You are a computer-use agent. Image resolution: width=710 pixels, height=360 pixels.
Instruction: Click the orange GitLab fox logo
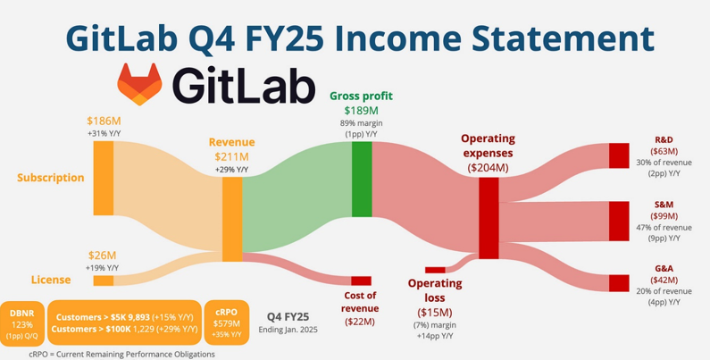[x=139, y=84]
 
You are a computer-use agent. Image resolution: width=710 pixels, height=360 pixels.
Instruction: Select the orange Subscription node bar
[x=104, y=178]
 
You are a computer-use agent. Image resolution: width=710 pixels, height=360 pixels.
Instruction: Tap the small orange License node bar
[x=104, y=280]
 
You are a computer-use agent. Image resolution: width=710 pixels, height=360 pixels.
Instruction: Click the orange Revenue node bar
[x=232, y=219]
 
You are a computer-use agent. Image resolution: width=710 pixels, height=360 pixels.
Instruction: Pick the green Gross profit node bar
[x=362, y=179]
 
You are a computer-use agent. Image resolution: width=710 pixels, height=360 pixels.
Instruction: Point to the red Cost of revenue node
[x=362, y=280]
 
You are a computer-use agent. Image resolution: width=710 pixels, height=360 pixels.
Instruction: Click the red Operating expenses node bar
[x=489, y=218]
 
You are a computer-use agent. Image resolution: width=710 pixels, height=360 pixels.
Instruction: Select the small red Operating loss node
[x=435, y=270]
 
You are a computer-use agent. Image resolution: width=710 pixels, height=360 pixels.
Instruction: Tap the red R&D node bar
[x=619, y=155]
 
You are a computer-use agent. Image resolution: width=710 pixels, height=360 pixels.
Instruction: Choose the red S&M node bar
[x=619, y=221]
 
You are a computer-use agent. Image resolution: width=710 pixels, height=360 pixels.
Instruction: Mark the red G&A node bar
[x=619, y=283]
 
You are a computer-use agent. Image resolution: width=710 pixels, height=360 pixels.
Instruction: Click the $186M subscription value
[x=104, y=121]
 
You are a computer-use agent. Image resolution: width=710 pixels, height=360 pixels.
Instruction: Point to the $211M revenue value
[x=232, y=157]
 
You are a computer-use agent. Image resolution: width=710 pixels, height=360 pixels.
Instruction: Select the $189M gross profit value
[x=362, y=111]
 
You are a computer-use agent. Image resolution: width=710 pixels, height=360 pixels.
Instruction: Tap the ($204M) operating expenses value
[x=489, y=168]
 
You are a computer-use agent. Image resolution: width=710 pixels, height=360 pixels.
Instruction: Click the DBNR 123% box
[x=22, y=322]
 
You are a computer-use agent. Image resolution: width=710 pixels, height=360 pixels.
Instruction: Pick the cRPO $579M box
[x=227, y=322]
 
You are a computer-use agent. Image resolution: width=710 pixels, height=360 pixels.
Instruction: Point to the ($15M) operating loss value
[x=435, y=313]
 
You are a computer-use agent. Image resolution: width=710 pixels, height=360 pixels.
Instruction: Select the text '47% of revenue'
[x=664, y=227]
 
